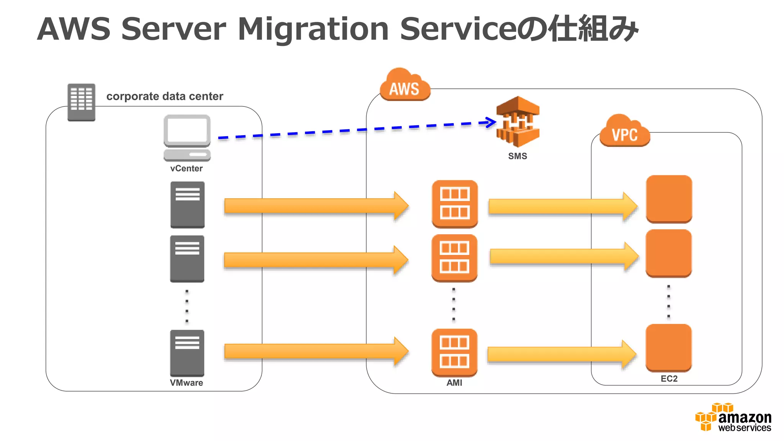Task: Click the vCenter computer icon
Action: point(187,138)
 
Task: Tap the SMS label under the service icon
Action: point(518,156)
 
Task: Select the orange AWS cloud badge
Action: point(405,86)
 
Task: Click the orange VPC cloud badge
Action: point(624,132)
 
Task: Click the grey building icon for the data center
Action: point(81,102)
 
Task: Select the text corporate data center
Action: point(165,96)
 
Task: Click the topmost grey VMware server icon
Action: point(187,205)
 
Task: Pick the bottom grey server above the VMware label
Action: point(187,353)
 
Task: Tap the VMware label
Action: point(186,383)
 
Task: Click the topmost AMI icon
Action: point(454,204)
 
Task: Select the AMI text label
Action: point(454,383)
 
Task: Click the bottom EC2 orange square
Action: point(668,348)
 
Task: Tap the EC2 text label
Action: point(669,379)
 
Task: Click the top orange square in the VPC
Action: point(669,199)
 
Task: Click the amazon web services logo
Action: point(733,418)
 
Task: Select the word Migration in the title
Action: point(313,29)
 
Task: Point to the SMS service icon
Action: point(518,122)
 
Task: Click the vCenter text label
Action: point(186,168)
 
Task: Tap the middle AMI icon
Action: point(454,258)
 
